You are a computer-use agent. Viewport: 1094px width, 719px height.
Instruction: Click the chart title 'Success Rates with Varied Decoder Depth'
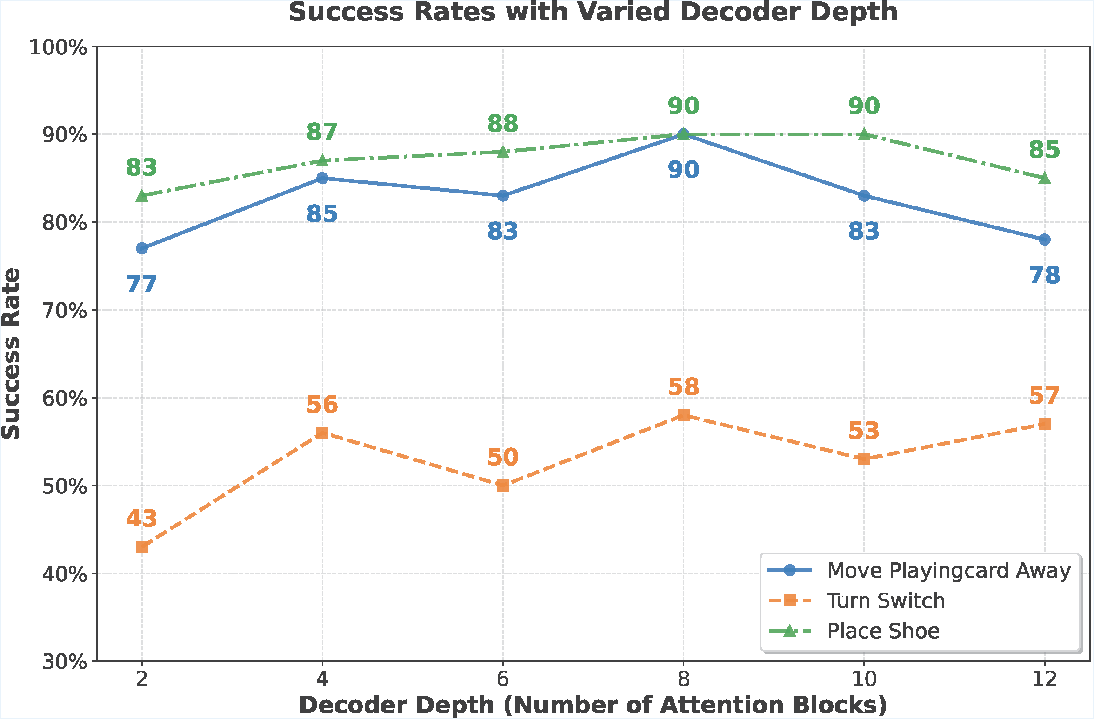point(593,12)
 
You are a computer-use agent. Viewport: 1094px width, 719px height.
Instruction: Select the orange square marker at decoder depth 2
point(142,547)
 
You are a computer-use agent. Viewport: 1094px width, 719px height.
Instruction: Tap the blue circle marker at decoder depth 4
point(322,178)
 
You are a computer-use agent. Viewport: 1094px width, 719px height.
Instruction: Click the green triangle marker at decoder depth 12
point(1045,179)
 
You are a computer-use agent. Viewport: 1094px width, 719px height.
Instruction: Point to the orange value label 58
point(683,387)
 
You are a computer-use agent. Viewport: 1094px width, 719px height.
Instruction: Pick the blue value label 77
point(142,284)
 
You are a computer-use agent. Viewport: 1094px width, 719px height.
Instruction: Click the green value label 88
point(503,124)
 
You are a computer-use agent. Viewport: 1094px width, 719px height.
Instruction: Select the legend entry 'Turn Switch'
point(886,601)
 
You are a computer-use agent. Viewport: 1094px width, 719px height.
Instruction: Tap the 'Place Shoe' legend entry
point(883,631)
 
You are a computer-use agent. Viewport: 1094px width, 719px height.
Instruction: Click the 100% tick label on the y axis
point(58,47)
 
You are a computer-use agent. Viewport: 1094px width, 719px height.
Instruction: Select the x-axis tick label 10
point(864,679)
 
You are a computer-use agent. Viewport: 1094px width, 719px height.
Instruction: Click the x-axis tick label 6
point(503,679)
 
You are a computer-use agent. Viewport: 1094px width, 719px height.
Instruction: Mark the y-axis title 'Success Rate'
point(11,353)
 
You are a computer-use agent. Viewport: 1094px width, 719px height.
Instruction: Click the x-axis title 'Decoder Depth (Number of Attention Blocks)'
point(593,705)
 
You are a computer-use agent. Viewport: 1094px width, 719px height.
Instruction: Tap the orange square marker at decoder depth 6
point(503,486)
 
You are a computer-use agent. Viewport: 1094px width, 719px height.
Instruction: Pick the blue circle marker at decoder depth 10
point(864,196)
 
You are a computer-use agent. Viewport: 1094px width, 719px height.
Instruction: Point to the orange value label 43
point(142,519)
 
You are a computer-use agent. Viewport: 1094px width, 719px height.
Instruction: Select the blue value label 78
point(1045,275)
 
